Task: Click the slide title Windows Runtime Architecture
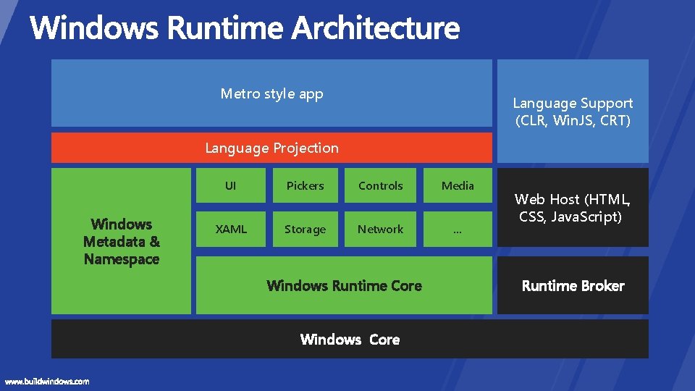245,28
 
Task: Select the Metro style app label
271,93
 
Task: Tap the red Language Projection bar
271,148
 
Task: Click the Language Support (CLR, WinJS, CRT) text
573,112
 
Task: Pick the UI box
230,186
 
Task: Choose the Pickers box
305,186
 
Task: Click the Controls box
380,186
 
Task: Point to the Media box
458,186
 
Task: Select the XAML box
230,230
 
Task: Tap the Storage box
305,230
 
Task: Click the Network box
380,230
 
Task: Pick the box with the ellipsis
458,230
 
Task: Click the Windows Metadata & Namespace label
122,242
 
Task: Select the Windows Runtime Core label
344,286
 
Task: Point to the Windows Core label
350,340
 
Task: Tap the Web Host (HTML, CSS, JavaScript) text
572,208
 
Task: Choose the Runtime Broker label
573,286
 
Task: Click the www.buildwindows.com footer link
47,382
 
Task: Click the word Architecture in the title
376,28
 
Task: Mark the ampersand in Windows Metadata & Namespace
154,242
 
